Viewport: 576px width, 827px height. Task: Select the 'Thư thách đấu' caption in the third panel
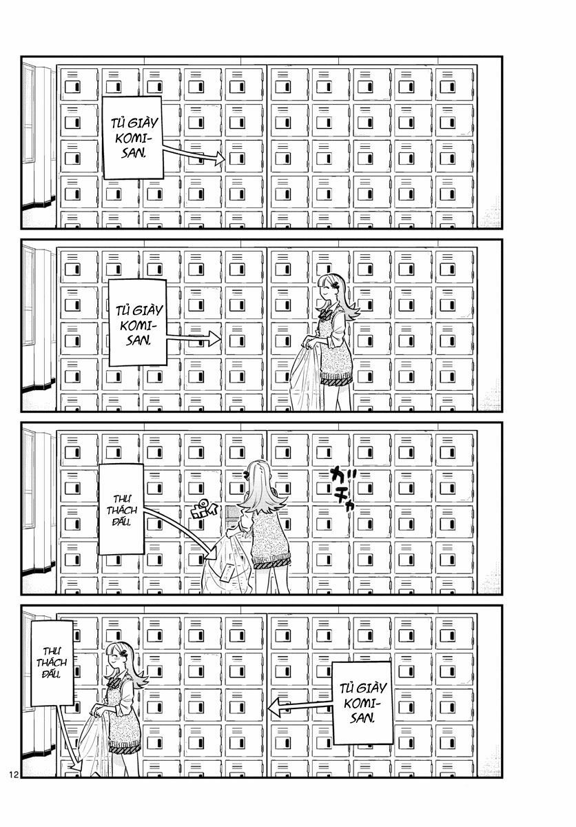click(x=121, y=509)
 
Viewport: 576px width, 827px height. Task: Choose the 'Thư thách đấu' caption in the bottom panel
click(x=48, y=662)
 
